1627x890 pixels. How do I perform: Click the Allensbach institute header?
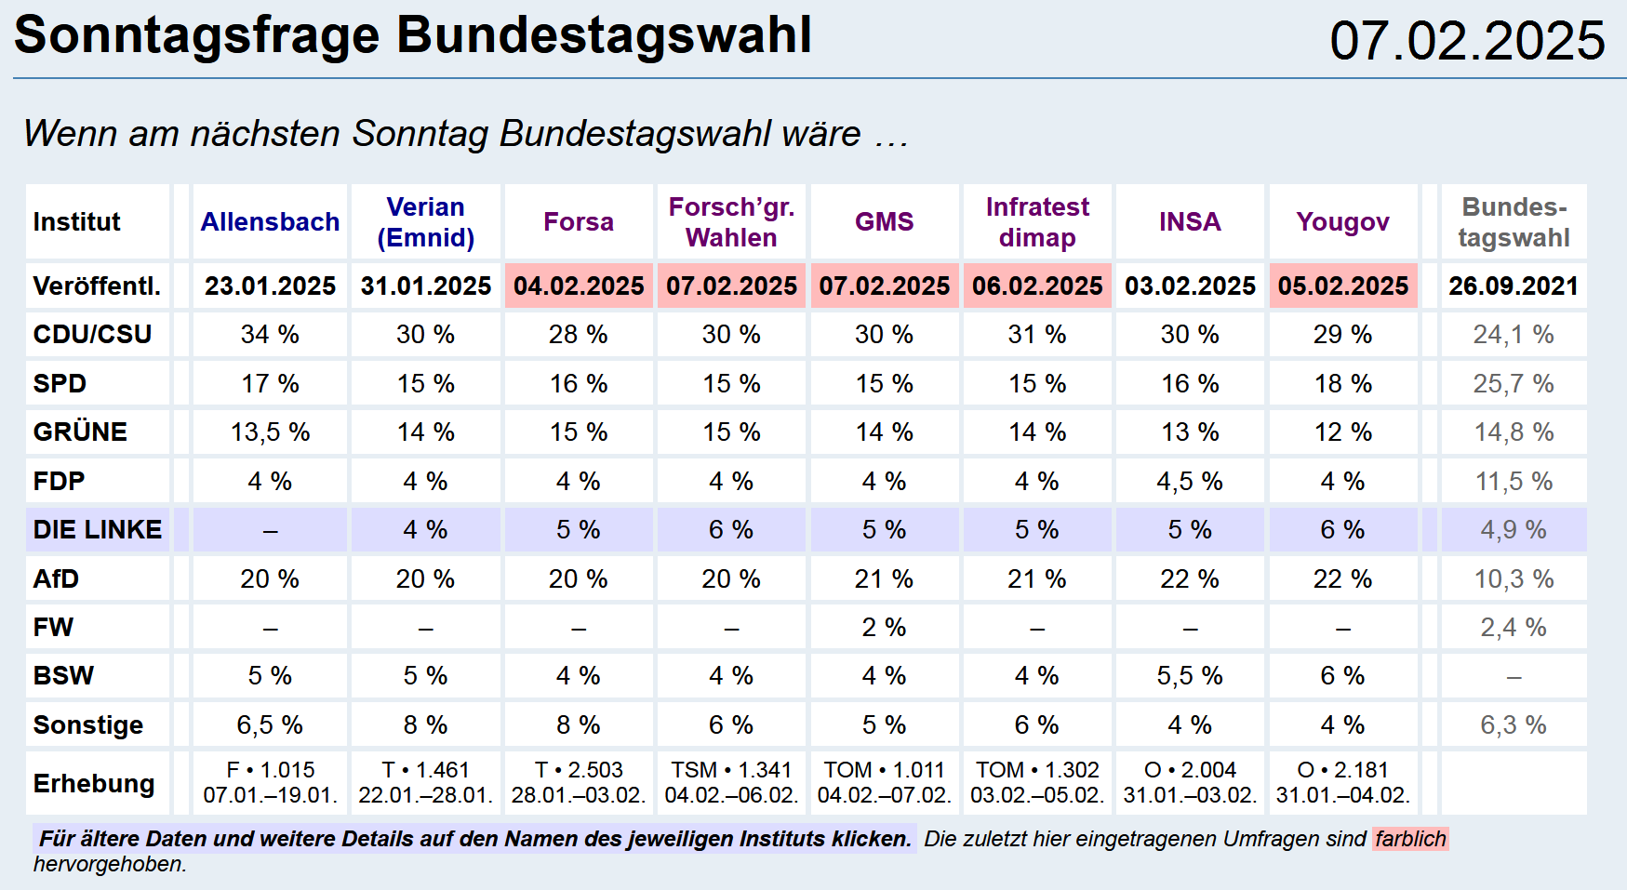tap(270, 222)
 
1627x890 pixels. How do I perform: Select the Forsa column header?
tap(578, 222)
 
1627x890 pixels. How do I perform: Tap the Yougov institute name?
tap(1342, 222)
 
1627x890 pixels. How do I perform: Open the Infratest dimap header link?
tap(1037, 222)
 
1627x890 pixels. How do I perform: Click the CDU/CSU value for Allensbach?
tap(270, 335)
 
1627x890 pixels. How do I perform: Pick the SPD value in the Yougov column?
tap(1342, 384)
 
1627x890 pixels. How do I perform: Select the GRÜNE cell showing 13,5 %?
tap(270, 432)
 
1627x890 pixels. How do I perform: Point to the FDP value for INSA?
tap(1190, 482)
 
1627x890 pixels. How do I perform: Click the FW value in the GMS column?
tap(884, 628)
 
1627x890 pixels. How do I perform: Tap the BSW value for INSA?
tap(1190, 676)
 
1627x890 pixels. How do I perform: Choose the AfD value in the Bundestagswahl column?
tap(1514, 579)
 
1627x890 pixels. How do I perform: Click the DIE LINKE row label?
tap(98, 530)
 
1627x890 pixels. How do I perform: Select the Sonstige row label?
tap(88, 725)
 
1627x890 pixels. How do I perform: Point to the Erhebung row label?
tap(94, 784)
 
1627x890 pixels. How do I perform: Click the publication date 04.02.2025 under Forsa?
tap(579, 286)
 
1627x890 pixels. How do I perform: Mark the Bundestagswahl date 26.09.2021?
tap(1514, 286)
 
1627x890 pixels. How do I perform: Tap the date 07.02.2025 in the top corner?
tap(1467, 41)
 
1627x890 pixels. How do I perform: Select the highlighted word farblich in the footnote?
tap(1410, 839)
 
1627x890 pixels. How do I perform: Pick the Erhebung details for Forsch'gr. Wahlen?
tap(731, 783)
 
